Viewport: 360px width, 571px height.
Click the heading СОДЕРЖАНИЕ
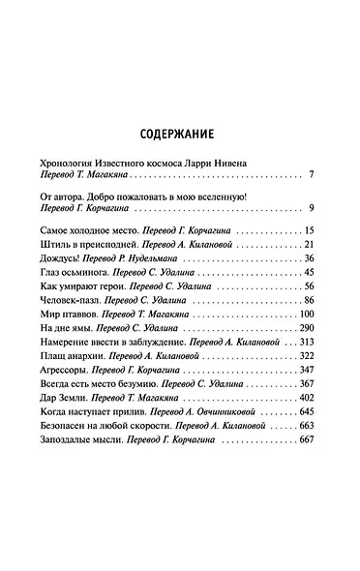point(180,135)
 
